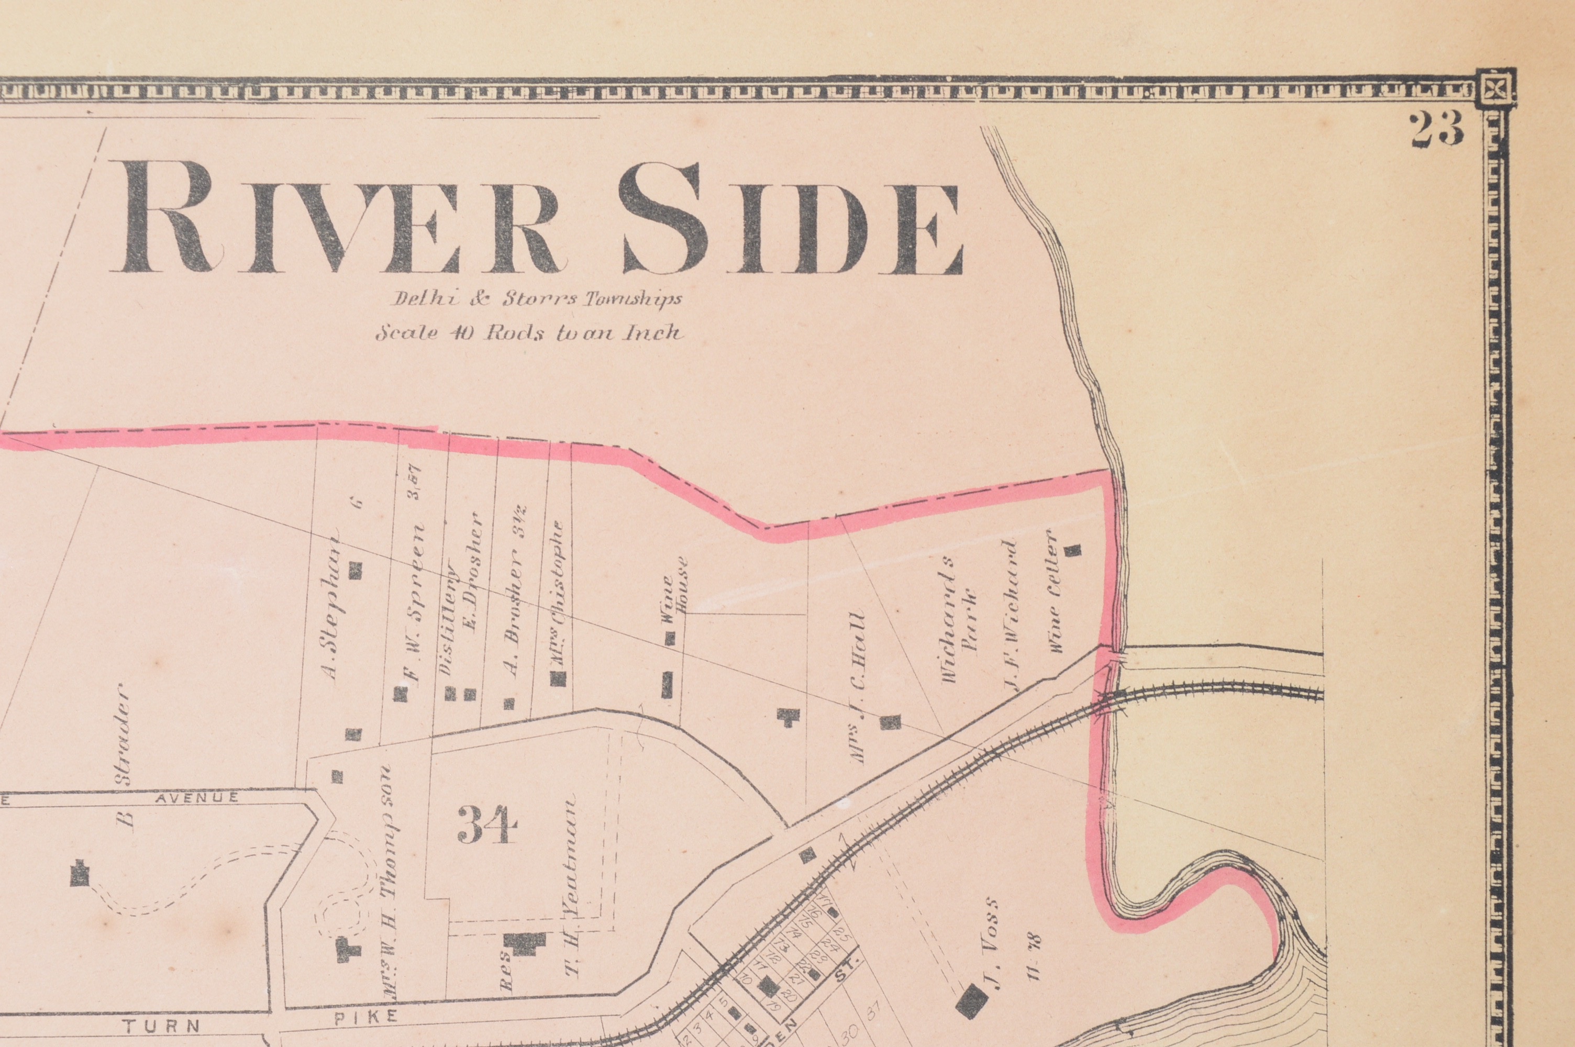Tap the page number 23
[1436, 129]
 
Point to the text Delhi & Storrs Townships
[536, 299]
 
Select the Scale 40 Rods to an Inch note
[529, 332]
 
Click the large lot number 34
[487, 826]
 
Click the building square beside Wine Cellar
[1072, 550]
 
